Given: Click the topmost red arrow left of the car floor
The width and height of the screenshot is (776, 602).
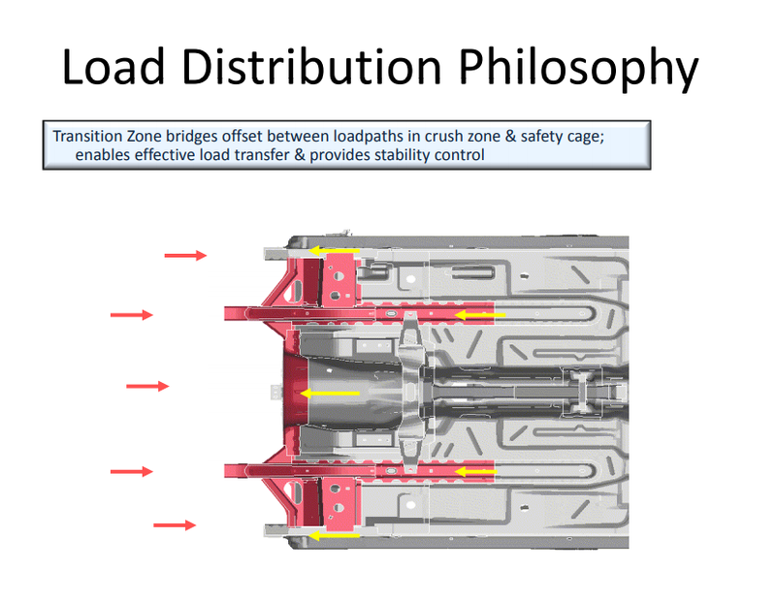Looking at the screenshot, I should tap(185, 255).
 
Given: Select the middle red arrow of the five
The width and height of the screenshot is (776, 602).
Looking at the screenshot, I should tap(147, 386).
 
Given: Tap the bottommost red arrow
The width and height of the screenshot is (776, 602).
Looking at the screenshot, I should tap(175, 525).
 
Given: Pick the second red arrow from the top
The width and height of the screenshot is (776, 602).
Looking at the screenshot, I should tap(132, 314).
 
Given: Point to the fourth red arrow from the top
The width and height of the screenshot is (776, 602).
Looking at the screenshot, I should tap(132, 471).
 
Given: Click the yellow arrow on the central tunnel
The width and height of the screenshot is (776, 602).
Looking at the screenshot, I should tap(330, 393).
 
